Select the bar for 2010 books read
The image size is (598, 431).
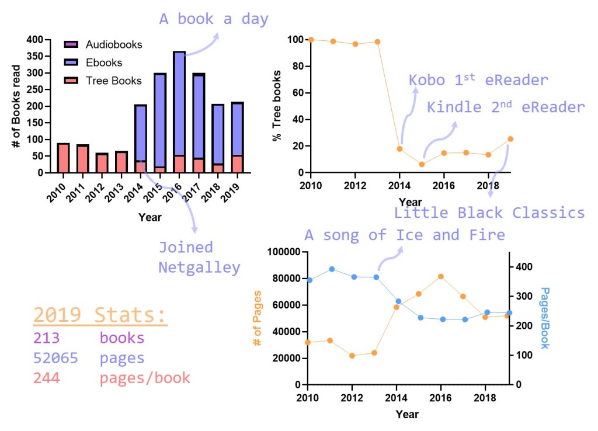(63, 158)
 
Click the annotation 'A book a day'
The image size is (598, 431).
(214, 19)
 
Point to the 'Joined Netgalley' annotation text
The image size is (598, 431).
(199, 257)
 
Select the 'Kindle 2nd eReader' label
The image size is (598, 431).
(506, 107)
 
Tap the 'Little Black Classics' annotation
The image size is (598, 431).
(489, 213)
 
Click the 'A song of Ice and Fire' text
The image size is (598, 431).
(404, 235)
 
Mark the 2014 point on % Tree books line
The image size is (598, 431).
(399, 149)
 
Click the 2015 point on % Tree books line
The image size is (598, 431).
(422, 164)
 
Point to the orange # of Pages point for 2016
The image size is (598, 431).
(440, 276)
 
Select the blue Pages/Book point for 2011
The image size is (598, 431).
(331, 269)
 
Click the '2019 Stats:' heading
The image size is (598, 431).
(100, 315)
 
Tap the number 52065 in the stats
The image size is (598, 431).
(55, 358)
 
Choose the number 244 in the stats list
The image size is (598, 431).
(47, 378)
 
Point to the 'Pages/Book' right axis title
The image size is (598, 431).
(544, 318)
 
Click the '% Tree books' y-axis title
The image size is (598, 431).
(276, 106)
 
